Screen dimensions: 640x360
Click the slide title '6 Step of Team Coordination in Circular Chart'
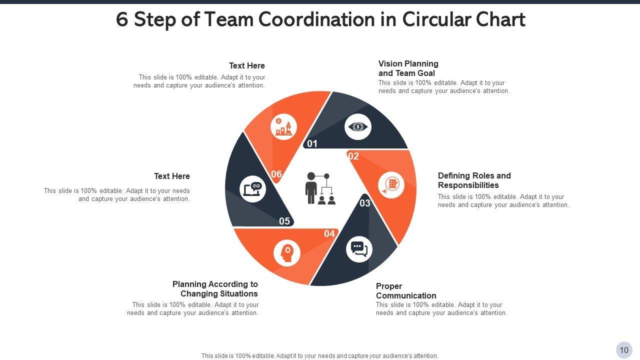(x=320, y=20)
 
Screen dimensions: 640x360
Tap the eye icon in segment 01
(x=358, y=127)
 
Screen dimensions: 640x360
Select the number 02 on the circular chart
(x=353, y=156)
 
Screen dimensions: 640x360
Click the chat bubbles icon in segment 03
(x=359, y=249)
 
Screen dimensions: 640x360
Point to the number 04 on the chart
(x=329, y=233)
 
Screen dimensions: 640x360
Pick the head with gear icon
(x=287, y=253)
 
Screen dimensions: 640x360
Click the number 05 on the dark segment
(x=284, y=221)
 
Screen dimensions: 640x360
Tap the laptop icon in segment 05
(x=252, y=189)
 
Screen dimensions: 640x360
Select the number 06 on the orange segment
(x=276, y=174)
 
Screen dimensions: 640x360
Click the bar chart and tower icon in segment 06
(x=283, y=127)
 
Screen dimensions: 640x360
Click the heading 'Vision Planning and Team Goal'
(x=408, y=68)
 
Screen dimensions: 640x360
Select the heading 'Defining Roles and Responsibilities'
(x=474, y=180)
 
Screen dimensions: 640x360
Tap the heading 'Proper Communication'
(x=406, y=291)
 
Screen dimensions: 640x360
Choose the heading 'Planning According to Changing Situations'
(x=215, y=289)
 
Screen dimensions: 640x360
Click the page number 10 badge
(x=624, y=350)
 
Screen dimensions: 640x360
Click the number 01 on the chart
(x=312, y=144)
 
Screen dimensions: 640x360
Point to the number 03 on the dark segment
(x=365, y=203)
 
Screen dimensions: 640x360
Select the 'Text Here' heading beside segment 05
(x=172, y=176)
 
